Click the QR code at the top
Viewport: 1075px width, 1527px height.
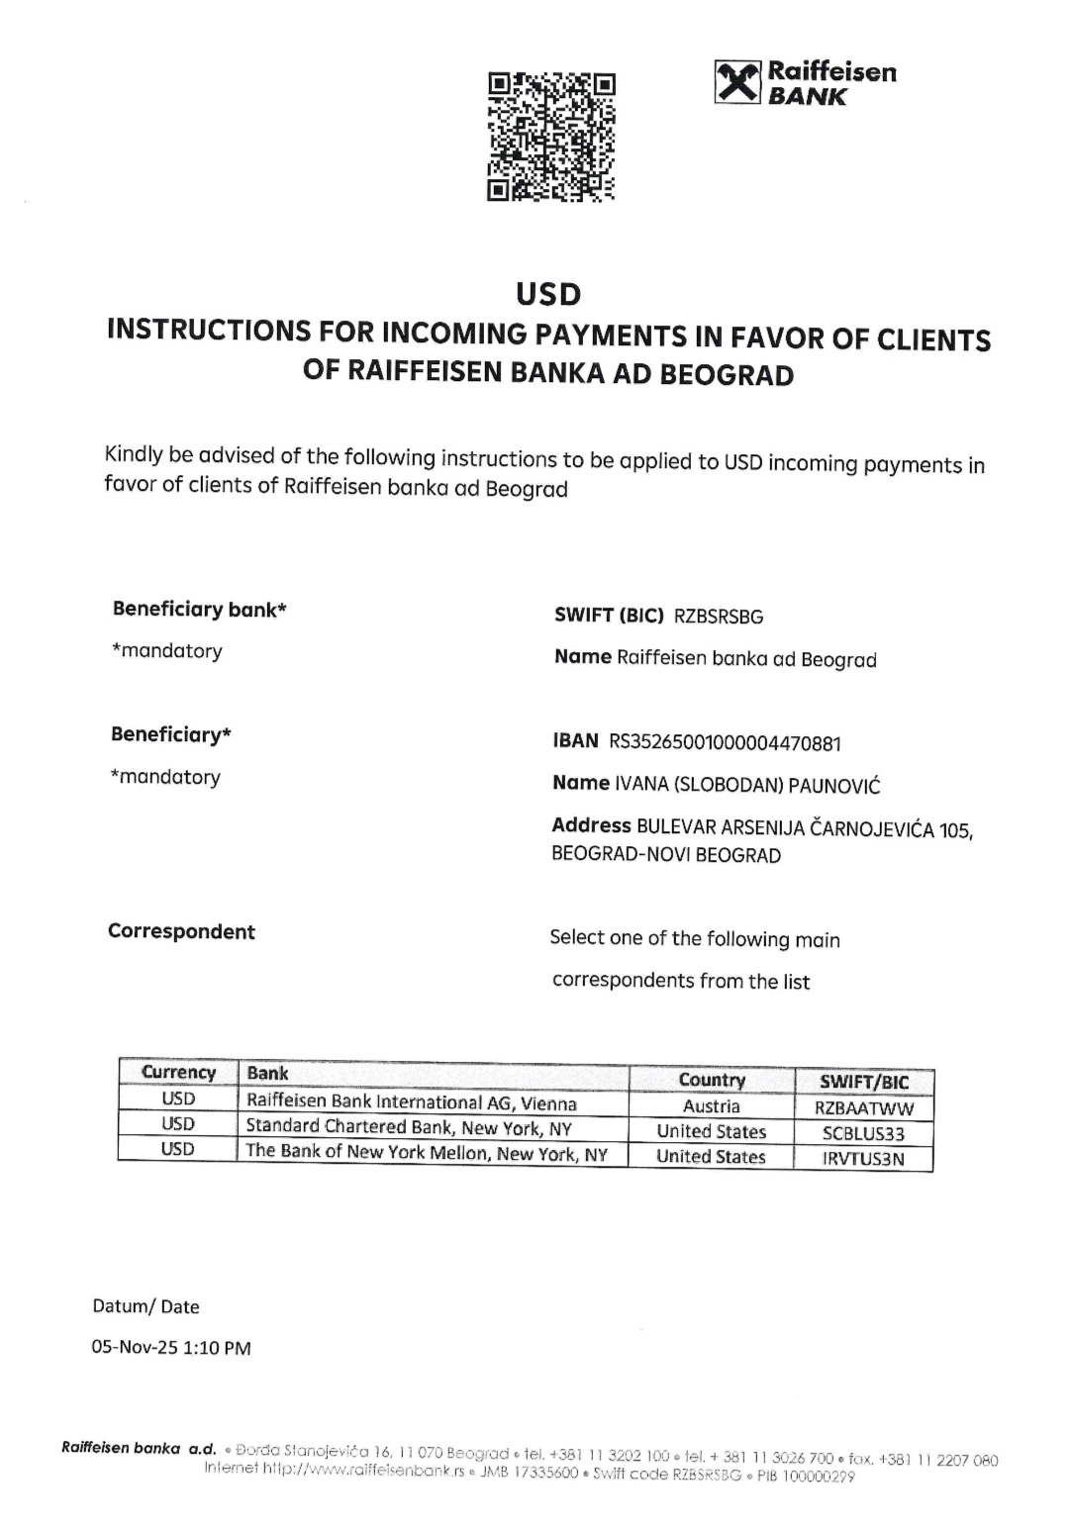(551, 137)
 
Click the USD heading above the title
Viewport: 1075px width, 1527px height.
(548, 294)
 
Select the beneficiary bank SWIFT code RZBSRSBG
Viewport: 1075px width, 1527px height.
(719, 617)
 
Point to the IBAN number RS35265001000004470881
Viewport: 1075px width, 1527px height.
(725, 742)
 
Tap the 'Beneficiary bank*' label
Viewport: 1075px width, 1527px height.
(199, 610)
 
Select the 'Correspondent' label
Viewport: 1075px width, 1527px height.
(181, 931)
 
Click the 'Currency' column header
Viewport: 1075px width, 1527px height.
(178, 1073)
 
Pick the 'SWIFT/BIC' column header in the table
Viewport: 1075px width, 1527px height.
(863, 1082)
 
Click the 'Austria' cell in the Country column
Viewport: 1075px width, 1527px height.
(711, 1106)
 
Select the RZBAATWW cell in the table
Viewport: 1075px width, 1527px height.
(863, 1109)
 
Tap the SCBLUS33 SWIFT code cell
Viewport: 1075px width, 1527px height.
(863, 1134)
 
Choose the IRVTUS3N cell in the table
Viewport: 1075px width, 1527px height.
(863, 1159)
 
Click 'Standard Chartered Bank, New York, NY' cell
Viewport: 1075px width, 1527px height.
(408, 1127)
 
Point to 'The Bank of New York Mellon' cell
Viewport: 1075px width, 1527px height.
(426, 1153)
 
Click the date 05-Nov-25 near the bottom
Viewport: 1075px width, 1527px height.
(134, 1348)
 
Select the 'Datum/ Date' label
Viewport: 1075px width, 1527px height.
(146, 1306)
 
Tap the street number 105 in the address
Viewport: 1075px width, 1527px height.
(954, 830)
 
